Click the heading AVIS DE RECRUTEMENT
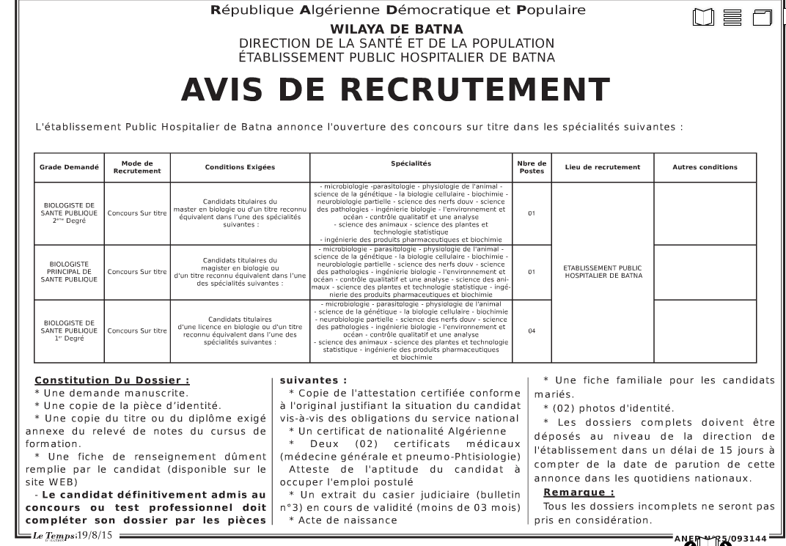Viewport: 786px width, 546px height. pyautogui.click(x=394, y=90)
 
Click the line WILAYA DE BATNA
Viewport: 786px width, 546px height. pyautogui.click(x=397, y=29)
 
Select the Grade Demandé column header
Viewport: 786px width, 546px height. pyautogui.click(x=69, y=167)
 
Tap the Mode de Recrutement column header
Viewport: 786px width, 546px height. pyautogui.click(x=137, y=167)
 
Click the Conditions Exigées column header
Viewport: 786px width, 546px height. pyautogui.click(x=240, y=167)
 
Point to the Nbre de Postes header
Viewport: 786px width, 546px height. pyautogui.click(x=532, y=167)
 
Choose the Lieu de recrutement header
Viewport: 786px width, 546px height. pyautogui.click(x=602, y=167)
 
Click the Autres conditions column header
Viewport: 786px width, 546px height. pyautogui.click(x=705, y=167)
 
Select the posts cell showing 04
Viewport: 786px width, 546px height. pyautogui.click(x=532, y=331)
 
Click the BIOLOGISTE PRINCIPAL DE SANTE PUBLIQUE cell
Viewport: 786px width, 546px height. pyautogui.click(x=69, y=272)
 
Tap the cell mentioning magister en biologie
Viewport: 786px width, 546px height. pyautogui.click(x=241, y=272)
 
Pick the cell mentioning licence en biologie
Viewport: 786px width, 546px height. pyautogui.click(x=240, y=331)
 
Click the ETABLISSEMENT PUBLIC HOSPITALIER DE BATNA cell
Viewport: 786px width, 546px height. pyautogui.click(x=602, y=272)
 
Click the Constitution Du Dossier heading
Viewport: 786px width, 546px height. pyautogui.click(x=112, y=380)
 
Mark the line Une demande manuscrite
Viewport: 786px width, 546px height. pyautogui.click(x=101, y=393)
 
